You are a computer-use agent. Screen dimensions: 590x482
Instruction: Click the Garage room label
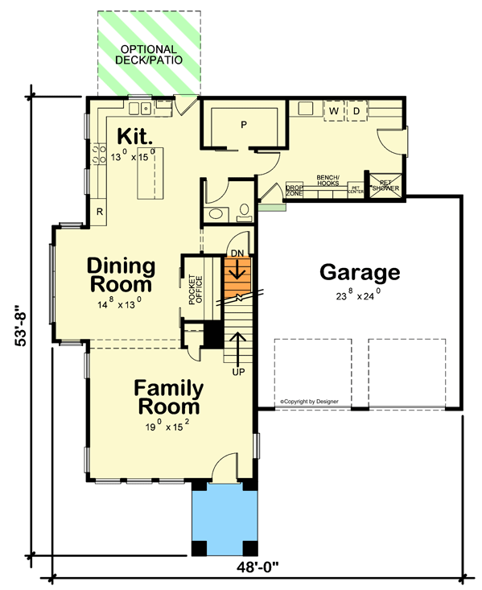[x=359, y=272]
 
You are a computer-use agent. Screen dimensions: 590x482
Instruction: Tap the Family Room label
[x=168, y=397]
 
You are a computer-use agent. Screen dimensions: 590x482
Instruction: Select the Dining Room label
[x=120, y=274]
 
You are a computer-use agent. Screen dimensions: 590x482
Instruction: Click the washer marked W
[x=333, y=109]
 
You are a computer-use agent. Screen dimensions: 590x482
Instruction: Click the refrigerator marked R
[x=99, y=212]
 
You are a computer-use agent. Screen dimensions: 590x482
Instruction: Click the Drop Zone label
[x=294, y=190]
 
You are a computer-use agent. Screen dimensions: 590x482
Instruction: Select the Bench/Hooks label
[x=327, y=179]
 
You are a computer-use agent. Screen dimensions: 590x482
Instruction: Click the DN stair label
[x=237, y=253]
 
